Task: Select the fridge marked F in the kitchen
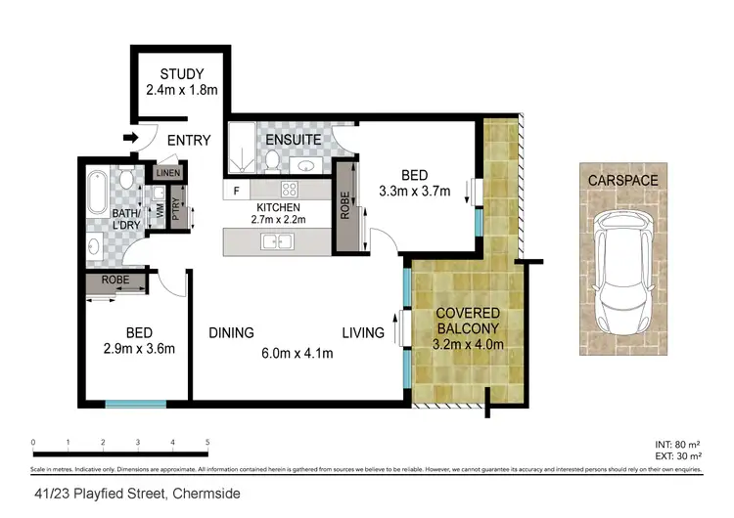point(236,190)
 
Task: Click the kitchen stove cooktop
point(290,190)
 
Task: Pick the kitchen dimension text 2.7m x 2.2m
point(278,220)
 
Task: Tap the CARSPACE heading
point(622,181)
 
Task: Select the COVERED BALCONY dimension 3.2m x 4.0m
point(468,344)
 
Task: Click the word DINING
point(231,332)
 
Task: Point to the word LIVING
point(362,332)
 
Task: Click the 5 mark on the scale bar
point(207,443)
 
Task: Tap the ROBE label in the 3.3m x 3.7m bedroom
point(345,205)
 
